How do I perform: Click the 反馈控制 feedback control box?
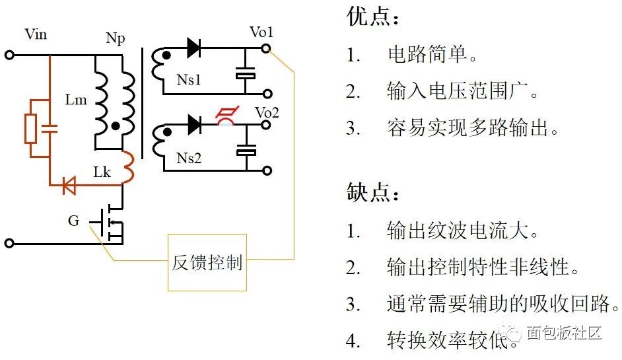click(207, 262)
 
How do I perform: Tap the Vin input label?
click(35, 34)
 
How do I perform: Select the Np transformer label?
click(115, 38)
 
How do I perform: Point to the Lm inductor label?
click(76, 100)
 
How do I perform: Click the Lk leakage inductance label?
click(102, 172)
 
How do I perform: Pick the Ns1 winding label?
click(189, 80)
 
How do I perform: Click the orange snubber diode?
click(69, 186)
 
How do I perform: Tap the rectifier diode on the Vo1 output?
click(194, 48)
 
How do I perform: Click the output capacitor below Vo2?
click(246, 152)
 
